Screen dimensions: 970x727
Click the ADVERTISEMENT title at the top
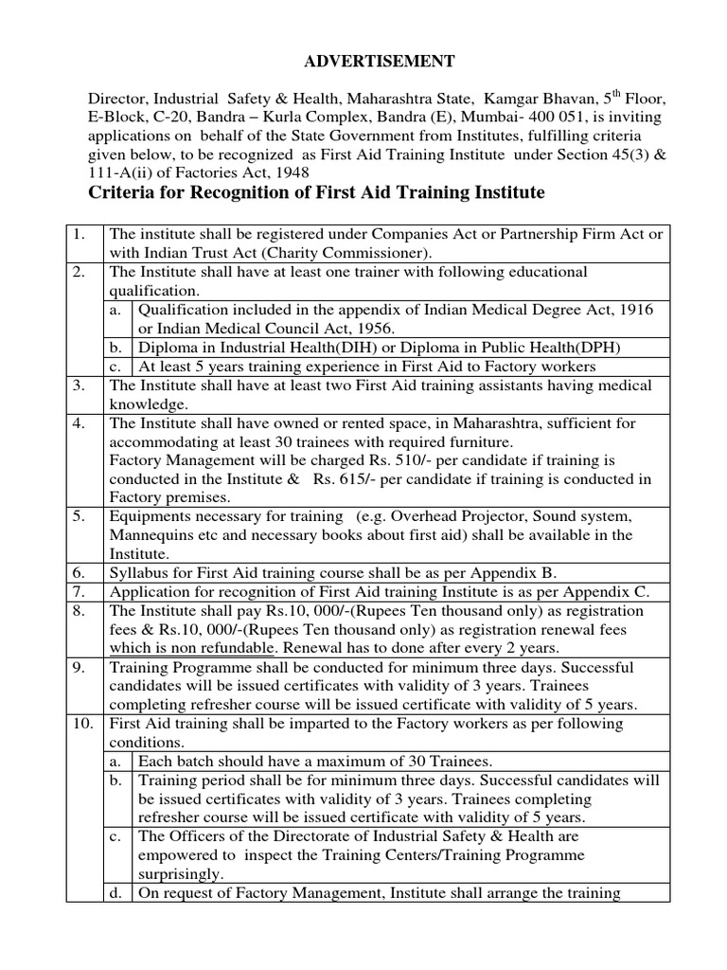[365, 62]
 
